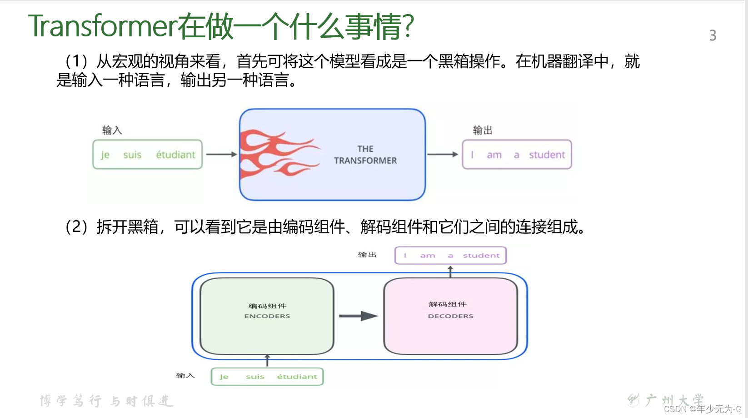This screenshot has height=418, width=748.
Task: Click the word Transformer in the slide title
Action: click(x=102, y=26)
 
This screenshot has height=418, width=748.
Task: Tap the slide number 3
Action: click(x=713, y=35)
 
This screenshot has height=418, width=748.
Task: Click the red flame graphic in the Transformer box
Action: click(x=275, y=153)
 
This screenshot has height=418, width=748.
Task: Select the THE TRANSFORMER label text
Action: click(x=365, y=155)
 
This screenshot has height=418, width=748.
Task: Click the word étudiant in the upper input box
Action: click(x=175, y=155)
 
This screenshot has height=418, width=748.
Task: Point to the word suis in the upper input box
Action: click(x=132, y=155)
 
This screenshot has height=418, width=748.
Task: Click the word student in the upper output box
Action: click(x=547, y=155)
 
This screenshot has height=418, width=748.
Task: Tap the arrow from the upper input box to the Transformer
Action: click(x=221, y=154)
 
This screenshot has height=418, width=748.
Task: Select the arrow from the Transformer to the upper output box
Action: click(x=442, y=154)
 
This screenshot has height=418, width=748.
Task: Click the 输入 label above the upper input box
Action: click(x=112, y=131)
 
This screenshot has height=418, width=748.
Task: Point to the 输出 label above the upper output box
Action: click(x=483, y=131)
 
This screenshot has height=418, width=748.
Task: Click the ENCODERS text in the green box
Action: click(x=267, y=316)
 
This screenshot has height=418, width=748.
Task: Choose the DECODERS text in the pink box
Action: click(x=450, y=316)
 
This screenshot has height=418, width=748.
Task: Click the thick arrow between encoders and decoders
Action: click(x=358, y=316)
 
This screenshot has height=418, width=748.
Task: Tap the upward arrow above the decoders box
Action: click(x=450, y=272)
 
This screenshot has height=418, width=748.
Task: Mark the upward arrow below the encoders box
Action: click(x=267, y=361)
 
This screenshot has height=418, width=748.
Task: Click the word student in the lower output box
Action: click(x=481, y=256)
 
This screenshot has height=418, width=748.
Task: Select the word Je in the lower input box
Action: click(x=224, y=377)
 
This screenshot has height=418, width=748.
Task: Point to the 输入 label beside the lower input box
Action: click(x=185, y=376)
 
